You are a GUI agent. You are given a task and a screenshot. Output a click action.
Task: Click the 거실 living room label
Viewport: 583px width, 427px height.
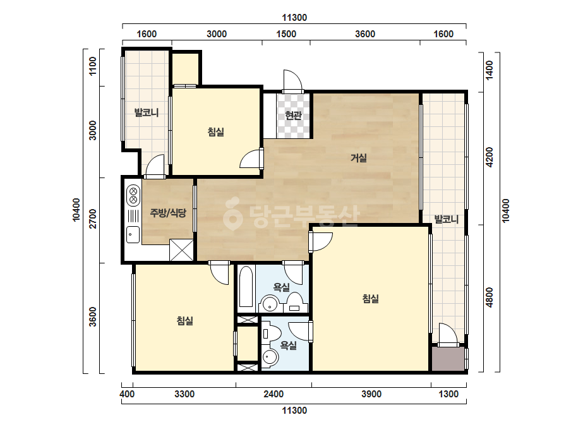[359, 158]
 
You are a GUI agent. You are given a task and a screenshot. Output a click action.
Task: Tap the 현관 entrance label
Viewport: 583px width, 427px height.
[293, 116]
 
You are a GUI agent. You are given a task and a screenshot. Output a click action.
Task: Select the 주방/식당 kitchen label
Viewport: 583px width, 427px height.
[167, 213]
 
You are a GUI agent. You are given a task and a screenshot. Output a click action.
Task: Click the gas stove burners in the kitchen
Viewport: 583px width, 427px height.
[133, 196]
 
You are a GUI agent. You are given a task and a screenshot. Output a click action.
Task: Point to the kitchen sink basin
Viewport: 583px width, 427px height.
[133, 234]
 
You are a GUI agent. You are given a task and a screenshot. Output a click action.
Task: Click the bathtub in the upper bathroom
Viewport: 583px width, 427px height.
[246, 287]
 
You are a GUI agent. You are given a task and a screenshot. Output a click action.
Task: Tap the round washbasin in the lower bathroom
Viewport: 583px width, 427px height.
[270, 358]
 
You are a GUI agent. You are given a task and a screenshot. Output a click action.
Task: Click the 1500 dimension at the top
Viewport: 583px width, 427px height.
[286, 34]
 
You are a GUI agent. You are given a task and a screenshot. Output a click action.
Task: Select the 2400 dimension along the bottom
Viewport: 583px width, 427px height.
[273, 394]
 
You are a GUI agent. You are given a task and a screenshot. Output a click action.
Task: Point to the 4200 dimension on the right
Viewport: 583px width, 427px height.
[490, 157]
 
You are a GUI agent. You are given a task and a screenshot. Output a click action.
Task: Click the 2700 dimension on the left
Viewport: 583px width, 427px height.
[93, 219]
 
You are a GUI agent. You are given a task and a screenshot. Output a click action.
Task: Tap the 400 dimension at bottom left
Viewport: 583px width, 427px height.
[127, 394]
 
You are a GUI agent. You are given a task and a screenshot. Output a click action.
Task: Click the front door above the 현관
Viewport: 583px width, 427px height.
[292, 81]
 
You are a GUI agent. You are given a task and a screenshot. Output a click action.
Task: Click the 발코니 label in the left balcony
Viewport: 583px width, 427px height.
[147, 112]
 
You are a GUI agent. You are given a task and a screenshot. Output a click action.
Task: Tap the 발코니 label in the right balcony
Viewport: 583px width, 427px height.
[447, 219]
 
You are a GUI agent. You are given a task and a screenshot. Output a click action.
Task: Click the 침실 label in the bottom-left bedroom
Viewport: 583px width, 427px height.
[185, 321]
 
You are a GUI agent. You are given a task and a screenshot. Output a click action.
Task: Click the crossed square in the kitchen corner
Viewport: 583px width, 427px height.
[181, 250]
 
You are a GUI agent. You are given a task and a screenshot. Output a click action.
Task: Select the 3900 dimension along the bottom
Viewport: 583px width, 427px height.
[371, 394]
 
